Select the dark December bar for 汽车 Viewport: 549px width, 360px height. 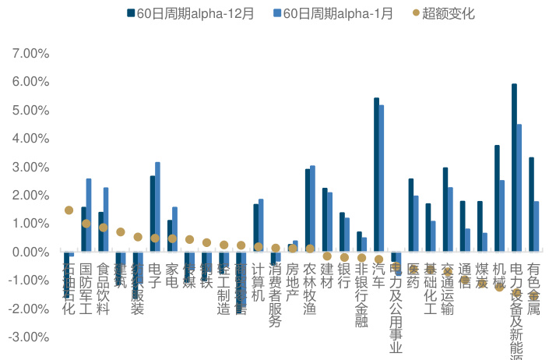point(376,175)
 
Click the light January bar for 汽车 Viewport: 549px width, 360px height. point(382,178)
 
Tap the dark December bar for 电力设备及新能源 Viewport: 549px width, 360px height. point(514,168)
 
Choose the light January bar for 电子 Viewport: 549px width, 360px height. point(158,206)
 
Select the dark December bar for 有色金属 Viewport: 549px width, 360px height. point(531,204)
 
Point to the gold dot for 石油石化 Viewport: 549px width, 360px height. point(69,210)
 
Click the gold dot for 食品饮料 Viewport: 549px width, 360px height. point(103,228)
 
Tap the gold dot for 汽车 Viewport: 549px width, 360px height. point(378,259)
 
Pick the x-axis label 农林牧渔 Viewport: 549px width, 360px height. point(310,289)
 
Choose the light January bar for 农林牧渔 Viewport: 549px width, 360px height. point(312,209)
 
